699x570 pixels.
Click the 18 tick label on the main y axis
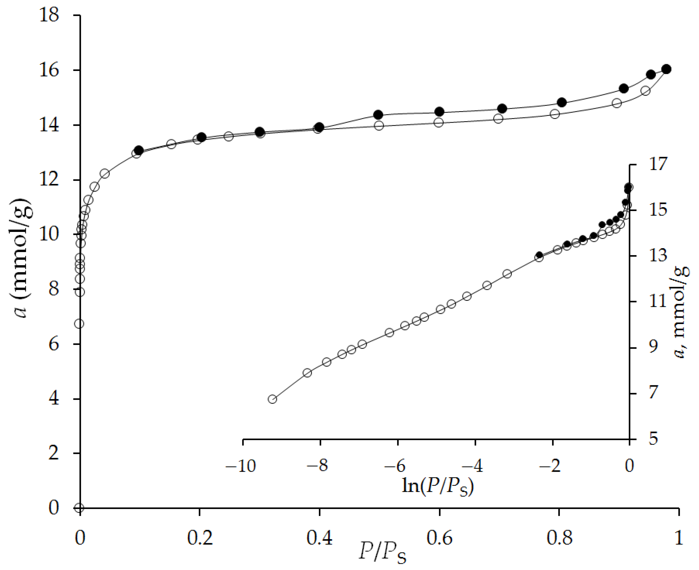pyautogui.click(x=49, y=15)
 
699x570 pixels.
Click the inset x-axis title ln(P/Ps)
pyautogui.click(x=438, y=486)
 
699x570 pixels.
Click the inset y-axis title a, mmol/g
pyautogui.click(x=681, y=312)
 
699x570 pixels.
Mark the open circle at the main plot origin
pyautogui.click(x=79, y=508)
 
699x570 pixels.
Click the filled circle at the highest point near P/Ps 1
pyautogui.click(x=666, y=69)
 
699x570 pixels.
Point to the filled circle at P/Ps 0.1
pyautogui.click(x=139, y=150)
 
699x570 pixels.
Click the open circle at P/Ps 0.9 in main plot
pyautogui.click(x=617, y=103)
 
